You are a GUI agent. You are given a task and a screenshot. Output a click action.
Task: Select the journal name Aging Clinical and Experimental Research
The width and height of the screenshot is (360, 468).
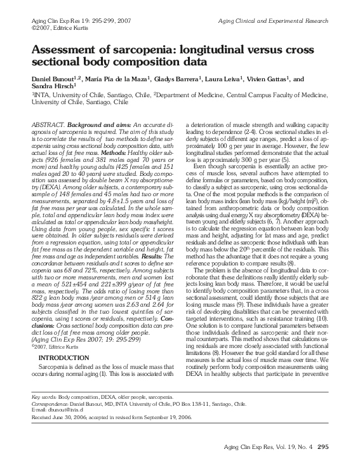(x=273, y=21)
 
